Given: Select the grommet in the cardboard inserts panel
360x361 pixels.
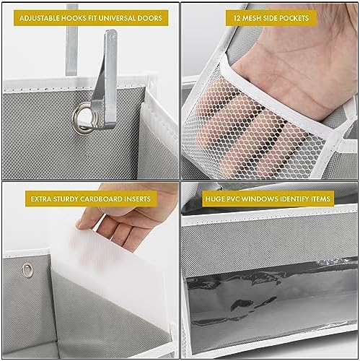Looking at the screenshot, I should (x=27, y=269).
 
